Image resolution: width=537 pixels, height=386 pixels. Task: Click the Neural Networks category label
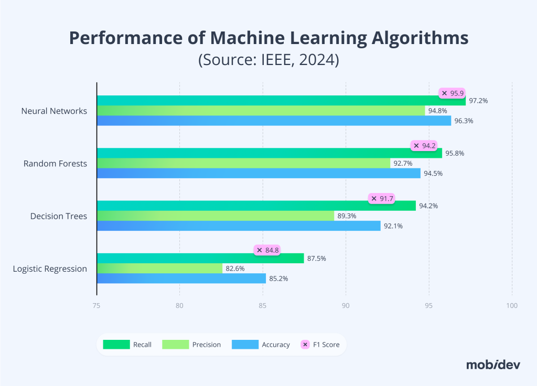point(54,111)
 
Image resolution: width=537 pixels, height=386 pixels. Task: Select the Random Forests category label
point(55,164)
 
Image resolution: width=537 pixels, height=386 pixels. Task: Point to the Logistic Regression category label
point(50,269)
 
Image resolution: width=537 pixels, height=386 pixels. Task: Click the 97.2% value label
point(478,101)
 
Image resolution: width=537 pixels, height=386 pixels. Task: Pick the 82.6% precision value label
point(235,269)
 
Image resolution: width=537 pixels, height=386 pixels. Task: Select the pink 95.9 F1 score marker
point(452,93)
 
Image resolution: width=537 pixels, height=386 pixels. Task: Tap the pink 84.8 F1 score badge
point(267,250)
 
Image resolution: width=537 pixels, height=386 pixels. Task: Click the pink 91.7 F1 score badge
point(381,198)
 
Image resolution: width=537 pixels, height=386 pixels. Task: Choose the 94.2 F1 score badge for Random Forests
point(424,146)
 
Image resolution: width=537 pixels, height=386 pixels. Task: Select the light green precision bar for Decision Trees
point(215,216)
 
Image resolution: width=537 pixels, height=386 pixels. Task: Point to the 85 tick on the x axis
point(262,306)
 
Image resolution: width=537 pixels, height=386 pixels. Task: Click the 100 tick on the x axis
point(512,306)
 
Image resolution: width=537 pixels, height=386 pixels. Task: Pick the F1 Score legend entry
point(320,345)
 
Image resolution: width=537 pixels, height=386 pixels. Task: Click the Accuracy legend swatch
point(245,345)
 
